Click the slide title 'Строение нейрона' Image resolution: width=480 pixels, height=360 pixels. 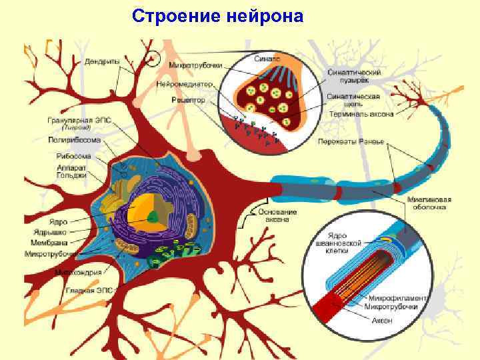[x=217, y=15]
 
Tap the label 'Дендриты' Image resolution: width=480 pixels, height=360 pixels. [x=101, y=62]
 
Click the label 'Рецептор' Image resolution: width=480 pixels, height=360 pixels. [x=187, y=99]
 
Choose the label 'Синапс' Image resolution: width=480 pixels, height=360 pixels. [x=268, y=58]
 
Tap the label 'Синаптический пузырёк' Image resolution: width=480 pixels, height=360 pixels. [x=363, y=76]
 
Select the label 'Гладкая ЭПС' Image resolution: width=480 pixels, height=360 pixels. [x=89, y=291]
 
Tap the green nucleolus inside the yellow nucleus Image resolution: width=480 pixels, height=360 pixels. [x=153, y=217]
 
